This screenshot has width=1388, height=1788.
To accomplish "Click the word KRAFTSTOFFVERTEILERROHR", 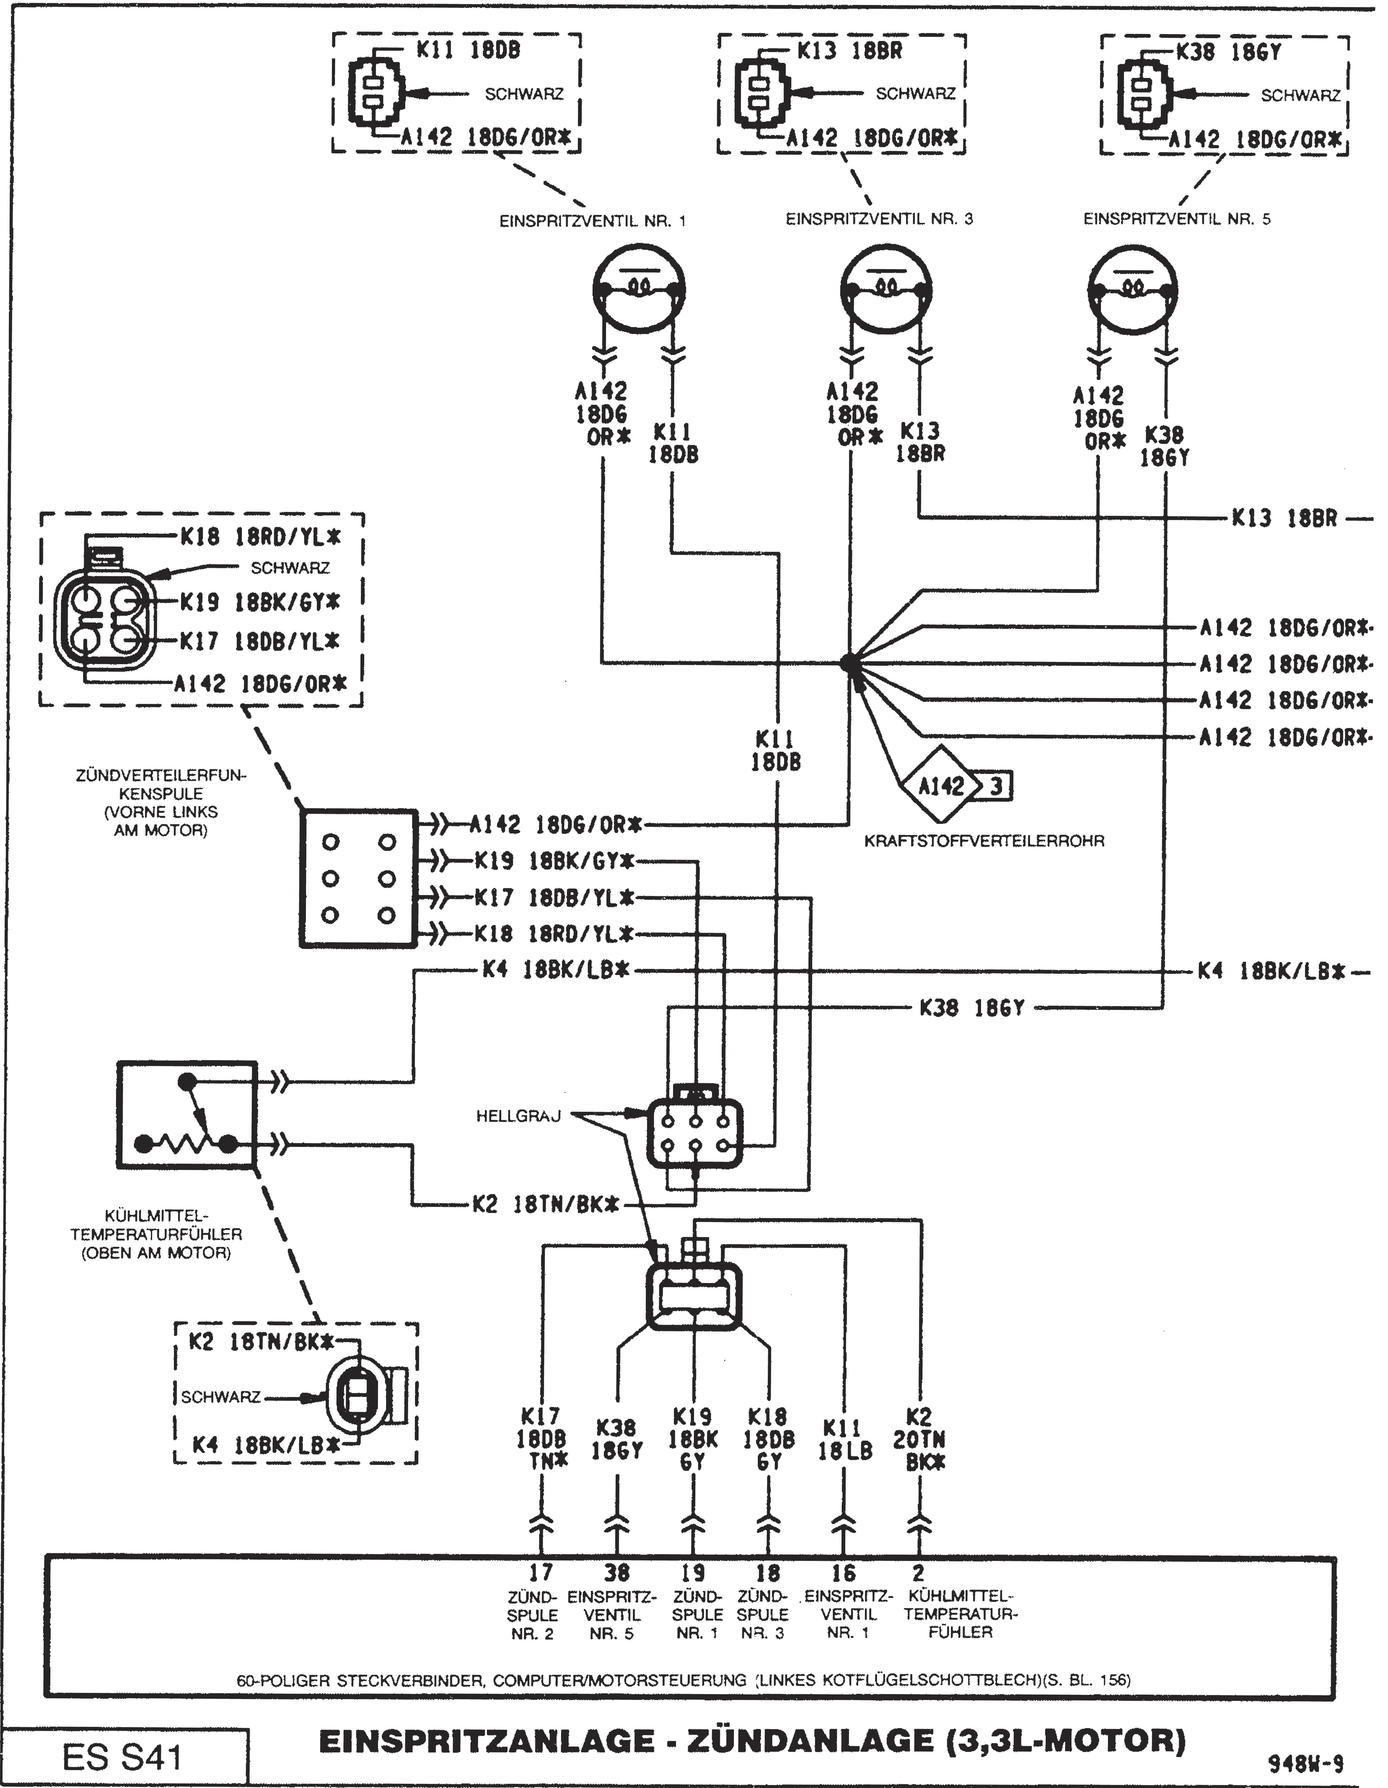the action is point(984,841).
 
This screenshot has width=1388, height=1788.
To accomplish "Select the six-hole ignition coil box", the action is point(359,878).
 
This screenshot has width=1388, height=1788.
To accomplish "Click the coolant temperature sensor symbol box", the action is point(187,1115).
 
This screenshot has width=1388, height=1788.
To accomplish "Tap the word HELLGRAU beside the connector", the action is point(518,1116).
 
